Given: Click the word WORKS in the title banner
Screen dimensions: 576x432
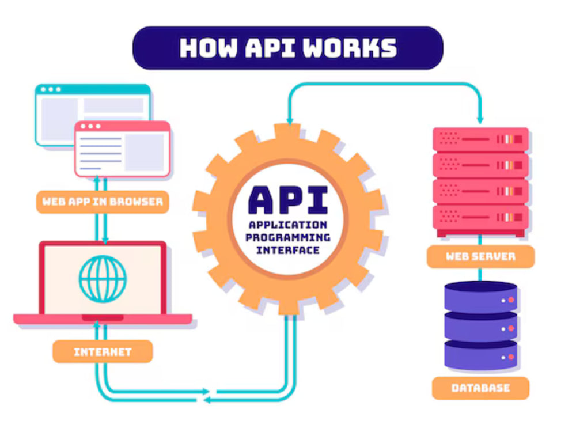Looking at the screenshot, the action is (x=350, y=48).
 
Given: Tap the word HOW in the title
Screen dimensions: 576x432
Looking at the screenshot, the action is (x=209, y=48).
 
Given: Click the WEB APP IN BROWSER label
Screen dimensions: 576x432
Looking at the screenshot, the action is (x=103, y=202).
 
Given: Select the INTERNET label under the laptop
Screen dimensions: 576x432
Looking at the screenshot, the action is (x=103, y=352).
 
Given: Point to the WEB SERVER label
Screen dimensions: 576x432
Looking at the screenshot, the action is (x=480, y=256).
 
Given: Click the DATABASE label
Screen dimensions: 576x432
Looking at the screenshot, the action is (x=480, y=388).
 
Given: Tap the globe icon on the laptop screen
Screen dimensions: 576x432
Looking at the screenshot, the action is (x=103, y=279).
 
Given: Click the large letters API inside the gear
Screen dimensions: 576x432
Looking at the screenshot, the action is (x=288, y=200).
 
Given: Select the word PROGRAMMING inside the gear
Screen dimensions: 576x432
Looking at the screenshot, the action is (x=288, y=238).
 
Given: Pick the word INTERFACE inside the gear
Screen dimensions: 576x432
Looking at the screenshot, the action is (x=288, y=251).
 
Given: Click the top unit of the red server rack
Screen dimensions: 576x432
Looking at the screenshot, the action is (x=480, y=139).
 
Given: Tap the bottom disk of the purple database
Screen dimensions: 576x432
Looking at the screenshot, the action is (x=480, y=355).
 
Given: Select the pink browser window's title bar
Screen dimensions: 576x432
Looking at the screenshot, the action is (x=122, y=126).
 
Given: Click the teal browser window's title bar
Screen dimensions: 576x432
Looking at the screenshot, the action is (x=93, y=89).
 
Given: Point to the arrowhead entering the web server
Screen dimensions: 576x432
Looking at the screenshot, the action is (x=480, y=120).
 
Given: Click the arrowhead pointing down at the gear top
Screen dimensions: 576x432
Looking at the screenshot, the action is (x=290, y=121).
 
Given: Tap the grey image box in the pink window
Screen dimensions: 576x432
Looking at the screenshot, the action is (x=145, y=152).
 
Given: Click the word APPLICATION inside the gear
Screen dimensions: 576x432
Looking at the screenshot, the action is (x=288, y=225).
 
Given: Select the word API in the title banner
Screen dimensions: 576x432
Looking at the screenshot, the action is (x=270, y=48).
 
